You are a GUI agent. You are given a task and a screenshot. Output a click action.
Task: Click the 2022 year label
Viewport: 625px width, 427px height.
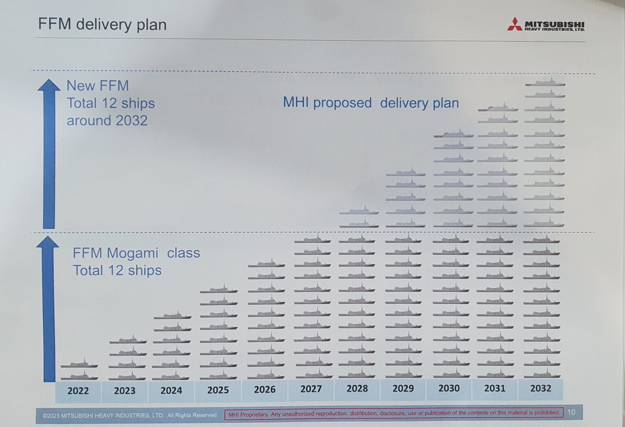pyautogui.click(x=78, y=391)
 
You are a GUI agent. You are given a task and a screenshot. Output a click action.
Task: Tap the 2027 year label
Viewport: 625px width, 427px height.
pyautogui.click(x=311, y=389)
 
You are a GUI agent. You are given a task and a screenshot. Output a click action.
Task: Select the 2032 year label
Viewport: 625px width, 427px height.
pyautogui.click(x=540, y=388)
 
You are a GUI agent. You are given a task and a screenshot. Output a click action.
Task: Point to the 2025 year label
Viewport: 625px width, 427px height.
pyautogui.click(x=218, y=390)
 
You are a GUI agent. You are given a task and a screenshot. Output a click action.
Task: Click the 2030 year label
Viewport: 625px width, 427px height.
pyautogui.click(x=449, y=388)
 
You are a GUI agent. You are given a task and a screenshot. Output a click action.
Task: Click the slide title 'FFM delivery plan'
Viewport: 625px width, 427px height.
pyautogui.click(x=102, y=24)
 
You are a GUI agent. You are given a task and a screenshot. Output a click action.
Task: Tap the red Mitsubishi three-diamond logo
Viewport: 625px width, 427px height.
pyautogui.click(x=514, y=24)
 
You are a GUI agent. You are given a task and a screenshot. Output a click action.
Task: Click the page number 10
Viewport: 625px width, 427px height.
pyautogui.click(x=571, y=412)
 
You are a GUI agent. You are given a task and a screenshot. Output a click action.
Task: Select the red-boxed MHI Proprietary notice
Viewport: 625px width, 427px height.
pyautogui.click(x=393, y=414)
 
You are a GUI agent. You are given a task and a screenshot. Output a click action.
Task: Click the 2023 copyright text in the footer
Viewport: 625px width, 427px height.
pyautogui.click(x=130, y=415)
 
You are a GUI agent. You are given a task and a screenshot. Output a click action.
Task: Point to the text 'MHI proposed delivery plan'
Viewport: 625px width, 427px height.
pyautogui.click(x=371, y=103)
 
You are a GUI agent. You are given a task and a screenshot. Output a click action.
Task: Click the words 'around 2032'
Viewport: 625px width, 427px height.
pyautogui.click(x=107, y=121)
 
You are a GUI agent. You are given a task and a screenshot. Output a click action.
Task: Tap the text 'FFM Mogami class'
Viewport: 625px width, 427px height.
pyautogui.click(x=136, y=253)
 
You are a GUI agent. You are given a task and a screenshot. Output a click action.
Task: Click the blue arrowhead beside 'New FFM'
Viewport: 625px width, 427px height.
pyautogui.click(x=49, y=85)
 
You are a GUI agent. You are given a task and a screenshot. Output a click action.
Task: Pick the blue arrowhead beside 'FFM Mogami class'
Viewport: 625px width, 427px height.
pyautogui.click(x=48, y=242)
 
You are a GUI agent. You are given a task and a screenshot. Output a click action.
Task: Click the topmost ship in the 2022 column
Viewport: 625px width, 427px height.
pyautogui.click(x=79, y=364)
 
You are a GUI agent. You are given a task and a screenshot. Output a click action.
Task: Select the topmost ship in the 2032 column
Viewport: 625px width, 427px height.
pyautogui.click(x=545, y=82)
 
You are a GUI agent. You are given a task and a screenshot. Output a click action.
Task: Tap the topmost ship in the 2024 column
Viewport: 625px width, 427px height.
pyautogui.click(x=173, y=316)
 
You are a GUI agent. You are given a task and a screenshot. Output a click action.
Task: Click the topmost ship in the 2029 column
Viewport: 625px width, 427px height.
pyautogui.click(x=406, y=173)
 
